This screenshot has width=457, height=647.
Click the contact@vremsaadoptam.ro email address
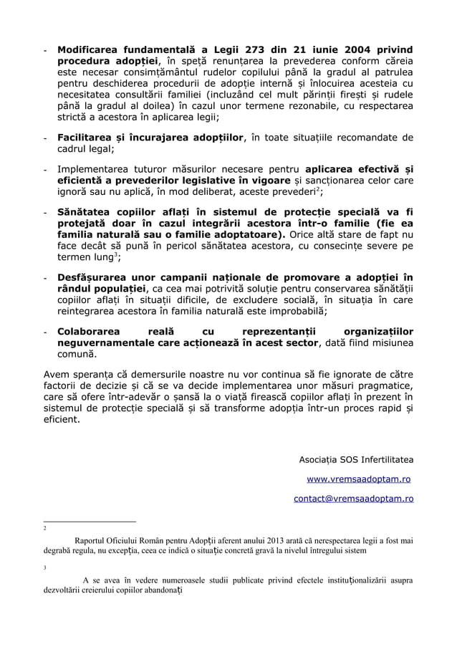tap(353, 498)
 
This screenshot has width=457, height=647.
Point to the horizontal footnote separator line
tap(90, 521)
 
